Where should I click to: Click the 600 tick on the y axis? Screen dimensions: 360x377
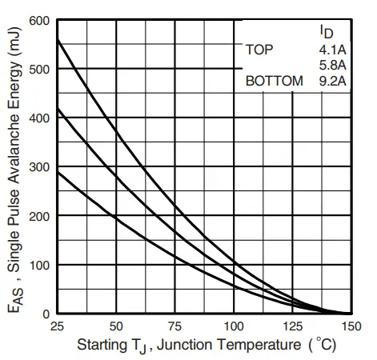(39, 20)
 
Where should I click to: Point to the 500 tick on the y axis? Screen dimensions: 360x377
(39, 69)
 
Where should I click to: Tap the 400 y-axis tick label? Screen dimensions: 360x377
(39, 118)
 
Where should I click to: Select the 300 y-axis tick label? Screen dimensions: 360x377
(39, 167)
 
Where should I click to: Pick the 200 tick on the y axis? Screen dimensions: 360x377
(39, 216)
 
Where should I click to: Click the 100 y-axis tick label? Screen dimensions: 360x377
(39, 265)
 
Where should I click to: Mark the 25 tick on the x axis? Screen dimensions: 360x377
(56, 326)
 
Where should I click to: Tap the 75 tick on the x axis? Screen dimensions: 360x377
(174, 326)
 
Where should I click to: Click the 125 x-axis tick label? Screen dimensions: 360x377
(291, 326)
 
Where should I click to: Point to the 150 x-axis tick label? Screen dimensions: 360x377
(350, 326)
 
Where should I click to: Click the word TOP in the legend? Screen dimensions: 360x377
(259, 50)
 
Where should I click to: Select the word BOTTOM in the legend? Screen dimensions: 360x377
(275, 81)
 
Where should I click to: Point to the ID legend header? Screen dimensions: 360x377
(327, 33)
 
